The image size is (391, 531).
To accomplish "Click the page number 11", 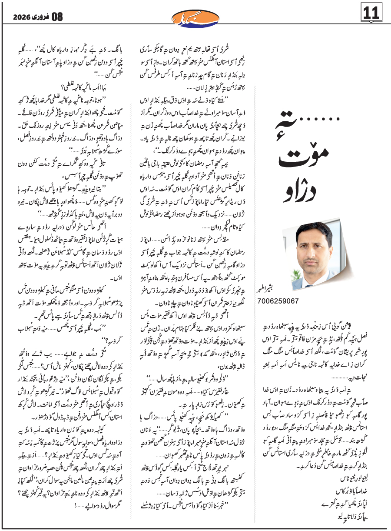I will [374, 13].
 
